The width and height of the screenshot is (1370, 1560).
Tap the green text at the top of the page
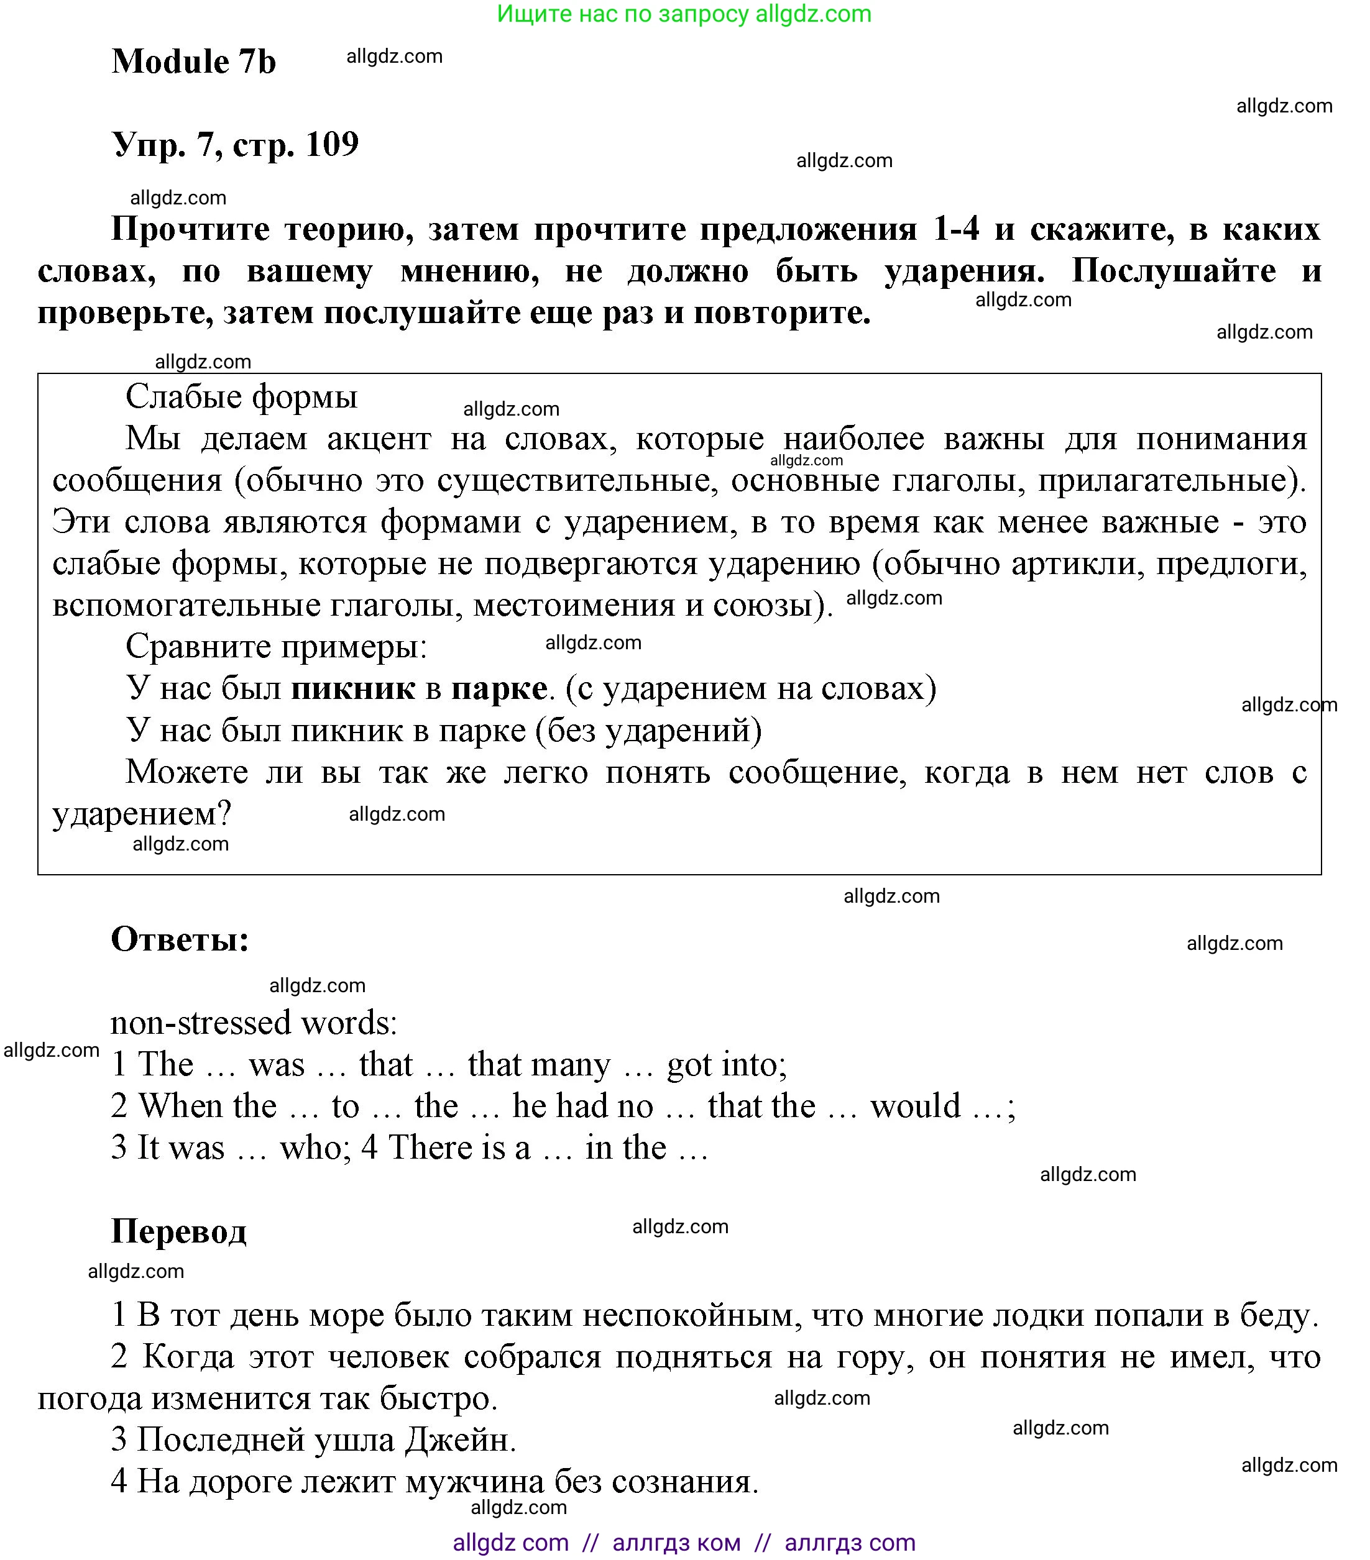(x=684, y=14)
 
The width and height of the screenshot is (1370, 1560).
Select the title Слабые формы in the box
(x=241, y=397)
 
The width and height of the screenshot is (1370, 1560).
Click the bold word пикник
(x=354, y=688)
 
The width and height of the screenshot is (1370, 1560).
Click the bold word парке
(x=499, y=688)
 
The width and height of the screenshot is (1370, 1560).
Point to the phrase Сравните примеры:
(x=277, y=647)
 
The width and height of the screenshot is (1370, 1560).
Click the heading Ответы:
(x=180, y=939)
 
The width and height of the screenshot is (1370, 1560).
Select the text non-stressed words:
(x=254, y=1023)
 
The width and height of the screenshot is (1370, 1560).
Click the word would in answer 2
(x=915, y=1106)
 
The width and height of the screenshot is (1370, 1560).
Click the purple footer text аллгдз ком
(x=676, y=1543)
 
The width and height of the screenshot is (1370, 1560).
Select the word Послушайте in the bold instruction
(x=1173, y=270)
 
